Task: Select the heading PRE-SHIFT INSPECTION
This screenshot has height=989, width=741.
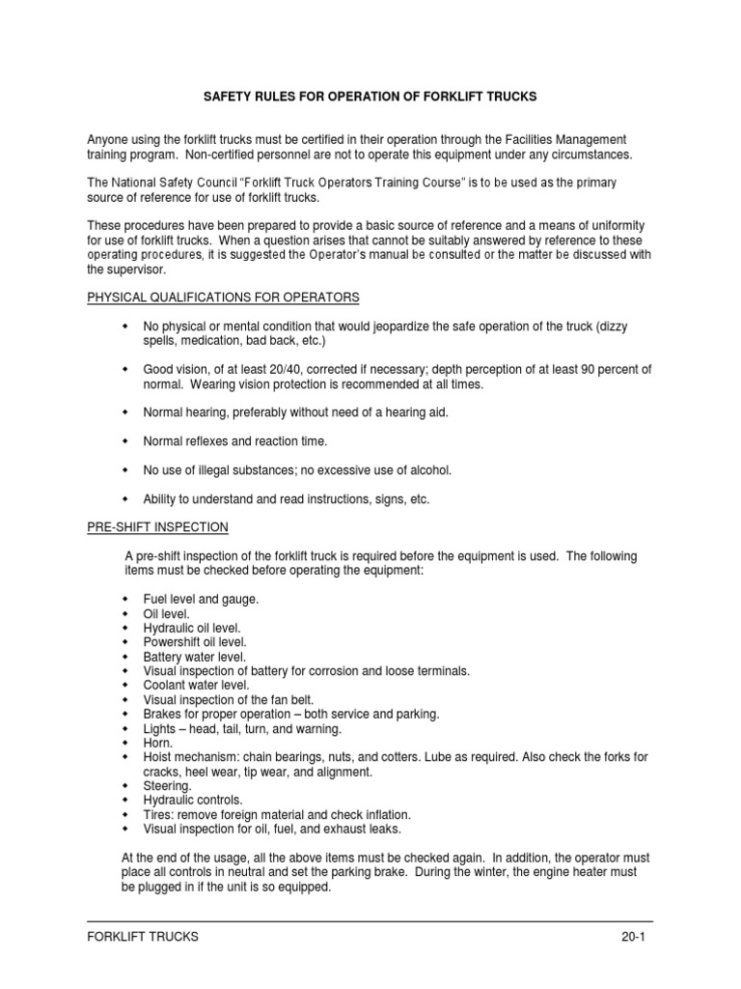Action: [x=158, y=526]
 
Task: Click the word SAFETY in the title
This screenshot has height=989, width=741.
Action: [x=228, y=99]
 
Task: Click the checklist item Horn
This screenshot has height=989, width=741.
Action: [x=158, y=744]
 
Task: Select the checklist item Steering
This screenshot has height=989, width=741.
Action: [x=167, y=786]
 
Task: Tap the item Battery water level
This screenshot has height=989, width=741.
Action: [x=189, y=657]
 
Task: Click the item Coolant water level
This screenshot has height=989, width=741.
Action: [x=190, y=686]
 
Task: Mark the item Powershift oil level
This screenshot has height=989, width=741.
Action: [x=195, y=642]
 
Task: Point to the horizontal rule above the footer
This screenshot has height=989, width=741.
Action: [x=370, y=920]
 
